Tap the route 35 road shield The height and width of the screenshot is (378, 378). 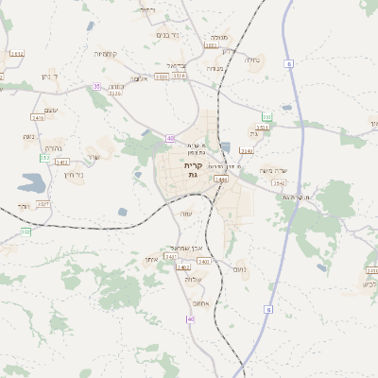(96, 86)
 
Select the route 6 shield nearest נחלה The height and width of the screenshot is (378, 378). (288, 64)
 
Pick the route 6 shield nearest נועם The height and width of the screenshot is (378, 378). (268, 309)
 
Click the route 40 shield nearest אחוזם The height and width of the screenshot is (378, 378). (191, 318)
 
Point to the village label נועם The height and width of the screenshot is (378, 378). (239, 270)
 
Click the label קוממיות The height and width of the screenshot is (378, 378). (105, 53)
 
